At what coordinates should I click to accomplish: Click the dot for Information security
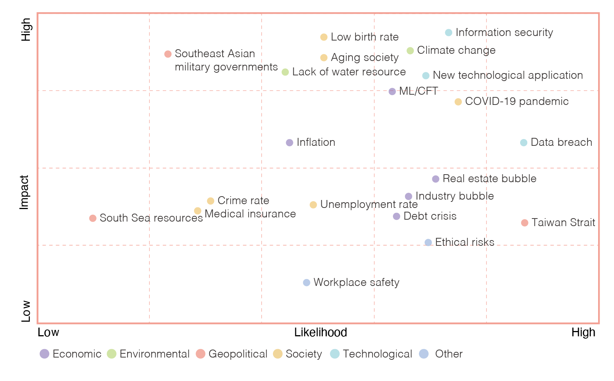coord(449,33)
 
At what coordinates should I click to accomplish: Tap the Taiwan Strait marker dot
coord(525,223)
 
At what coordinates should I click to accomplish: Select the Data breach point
coord(524,143)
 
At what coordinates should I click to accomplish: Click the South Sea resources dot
coord(93,218)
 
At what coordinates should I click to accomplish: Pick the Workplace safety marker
coord(307,283)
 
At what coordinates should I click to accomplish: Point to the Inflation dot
coord(290,143)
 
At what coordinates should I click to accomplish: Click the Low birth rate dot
coord(324,37)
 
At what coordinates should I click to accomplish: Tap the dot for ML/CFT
coord(392,92)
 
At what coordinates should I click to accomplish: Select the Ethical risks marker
coord(428,242)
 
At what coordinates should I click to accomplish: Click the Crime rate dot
coord(210,201)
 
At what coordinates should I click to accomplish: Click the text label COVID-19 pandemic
coord(517,101)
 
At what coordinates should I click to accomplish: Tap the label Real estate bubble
coord(489,179)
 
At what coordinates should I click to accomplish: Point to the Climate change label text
coord(456,50)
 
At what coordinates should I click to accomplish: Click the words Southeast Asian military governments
coord(226,60)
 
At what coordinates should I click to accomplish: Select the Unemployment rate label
coord(369,205)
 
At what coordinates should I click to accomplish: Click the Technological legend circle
coord(335,354)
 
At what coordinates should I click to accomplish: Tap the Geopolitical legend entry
coord(232,354)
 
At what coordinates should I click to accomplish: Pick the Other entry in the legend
coord(441,354)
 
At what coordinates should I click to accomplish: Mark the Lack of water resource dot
coord(285,72)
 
